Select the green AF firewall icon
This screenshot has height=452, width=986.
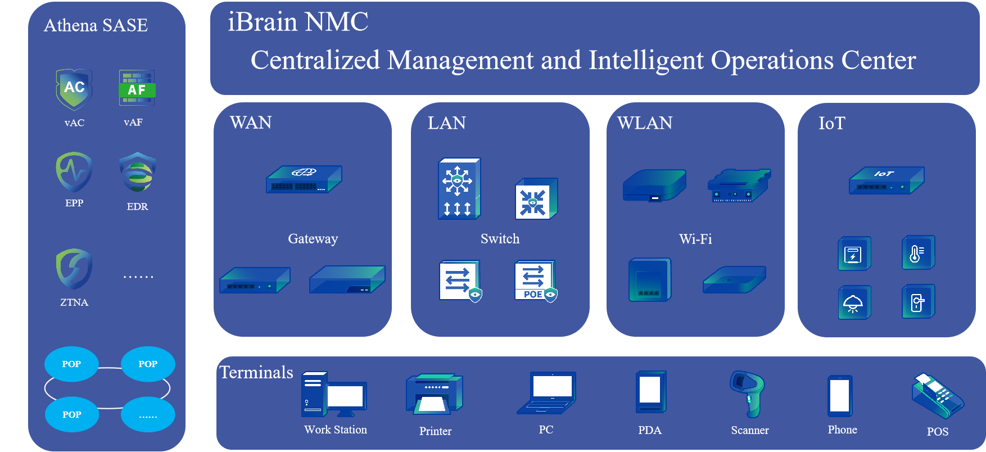click(137, 88)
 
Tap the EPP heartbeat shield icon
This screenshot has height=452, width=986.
click(74, 172)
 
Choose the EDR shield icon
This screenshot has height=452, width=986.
click(138, 173)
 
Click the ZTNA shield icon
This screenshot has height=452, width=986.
click(74, 269)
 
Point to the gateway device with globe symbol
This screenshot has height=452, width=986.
click(304, 179)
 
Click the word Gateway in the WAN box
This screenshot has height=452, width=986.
click(313, 239)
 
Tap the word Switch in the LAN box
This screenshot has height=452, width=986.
click(500, 239)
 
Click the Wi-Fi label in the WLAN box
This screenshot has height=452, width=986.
click(695, 239)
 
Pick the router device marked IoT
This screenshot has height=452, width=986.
click(887, 180)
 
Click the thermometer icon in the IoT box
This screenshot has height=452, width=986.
click(919, 252)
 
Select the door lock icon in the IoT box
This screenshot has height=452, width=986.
click(919, 302)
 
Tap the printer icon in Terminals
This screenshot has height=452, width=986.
click(435, 395)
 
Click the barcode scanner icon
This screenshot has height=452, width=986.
click(748, 394)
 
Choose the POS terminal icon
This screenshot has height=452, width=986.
click(938, 396)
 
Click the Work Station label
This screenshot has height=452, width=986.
click(336, 430)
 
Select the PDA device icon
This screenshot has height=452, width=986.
click(651, 392)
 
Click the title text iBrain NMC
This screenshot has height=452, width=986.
click(298, 22)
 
